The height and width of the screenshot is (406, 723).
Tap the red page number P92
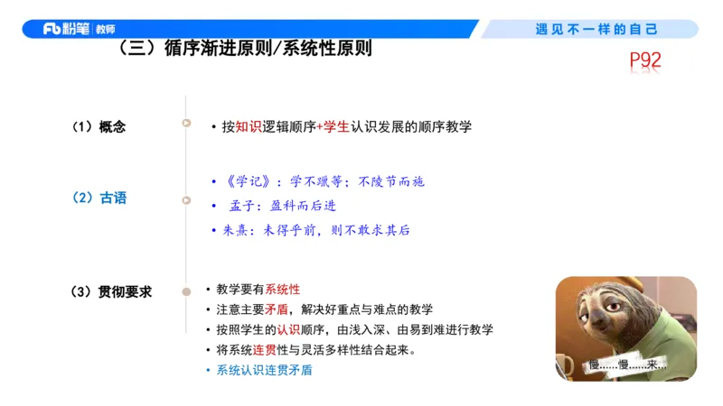point(646,61)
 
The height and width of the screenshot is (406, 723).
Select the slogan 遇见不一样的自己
point(596,29)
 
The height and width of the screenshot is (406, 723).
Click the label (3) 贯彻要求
point(111,291)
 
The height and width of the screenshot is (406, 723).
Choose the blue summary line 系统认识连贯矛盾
point(258,370)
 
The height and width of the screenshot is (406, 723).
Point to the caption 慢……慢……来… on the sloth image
point(626,365)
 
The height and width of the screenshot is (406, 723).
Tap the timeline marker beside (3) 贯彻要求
point(186,291)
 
